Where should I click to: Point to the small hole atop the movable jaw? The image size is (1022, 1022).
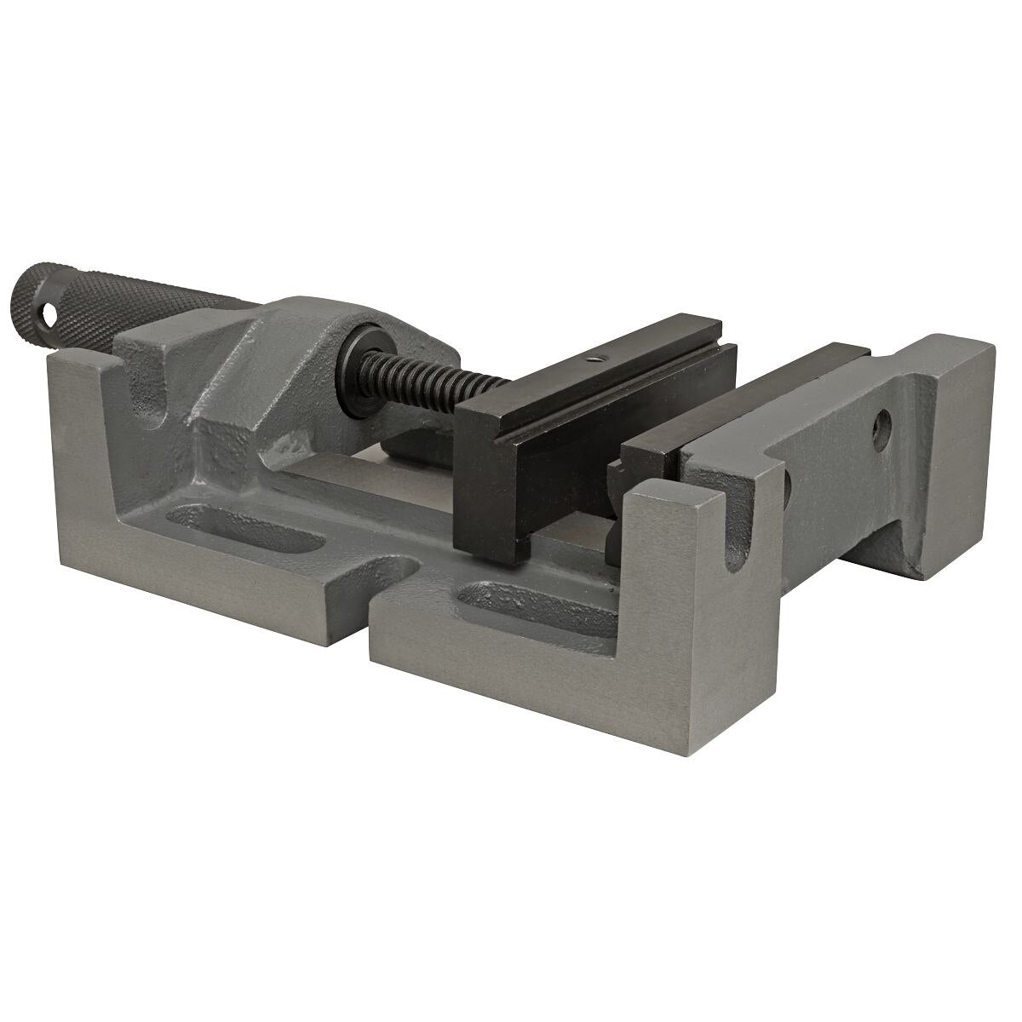coord(599,359)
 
